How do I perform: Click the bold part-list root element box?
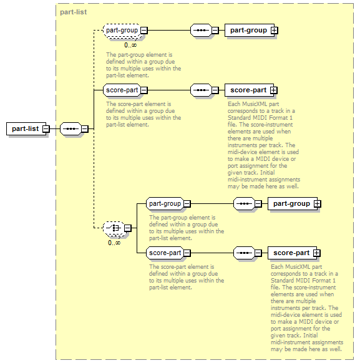click(26, 128)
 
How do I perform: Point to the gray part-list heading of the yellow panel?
click(74, 12)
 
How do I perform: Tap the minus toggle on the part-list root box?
click(46, 128)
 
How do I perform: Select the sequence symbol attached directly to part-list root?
click(71, 128)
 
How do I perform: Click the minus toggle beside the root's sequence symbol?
click(85, 128)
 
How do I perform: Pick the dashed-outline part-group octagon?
click(122, 31)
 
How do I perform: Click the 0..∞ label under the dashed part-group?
click(130, 45)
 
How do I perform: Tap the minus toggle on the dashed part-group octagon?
click(144, 31)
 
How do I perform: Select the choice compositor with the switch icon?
click(114, 228)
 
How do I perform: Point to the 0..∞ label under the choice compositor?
click(114, 243)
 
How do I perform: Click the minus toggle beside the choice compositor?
click(127, 228)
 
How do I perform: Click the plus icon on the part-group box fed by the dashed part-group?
click(275, 31)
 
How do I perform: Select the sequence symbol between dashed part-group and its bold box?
click(201, 31)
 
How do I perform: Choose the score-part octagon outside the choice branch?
click(122, 90)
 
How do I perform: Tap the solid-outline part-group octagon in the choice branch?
click(165, 204)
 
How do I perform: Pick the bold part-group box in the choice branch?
click(293, 204)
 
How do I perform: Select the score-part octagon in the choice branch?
click(165, 253)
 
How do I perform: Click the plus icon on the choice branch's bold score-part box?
click(317, 253)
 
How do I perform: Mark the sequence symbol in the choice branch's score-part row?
click(244, 253)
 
